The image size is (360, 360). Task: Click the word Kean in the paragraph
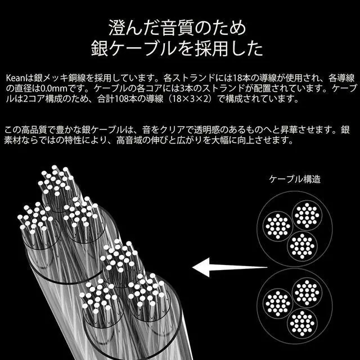(15, 78)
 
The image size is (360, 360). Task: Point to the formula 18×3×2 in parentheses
(191, 99)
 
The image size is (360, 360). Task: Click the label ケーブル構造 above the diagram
(295, 179)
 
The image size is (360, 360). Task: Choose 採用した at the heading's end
(229, 49)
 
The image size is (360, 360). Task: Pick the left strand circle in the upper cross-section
(277, 226)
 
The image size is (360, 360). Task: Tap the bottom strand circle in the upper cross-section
(302, 246)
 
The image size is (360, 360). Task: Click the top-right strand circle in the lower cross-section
(307, 292)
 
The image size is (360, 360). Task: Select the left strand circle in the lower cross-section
(277, 304)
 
